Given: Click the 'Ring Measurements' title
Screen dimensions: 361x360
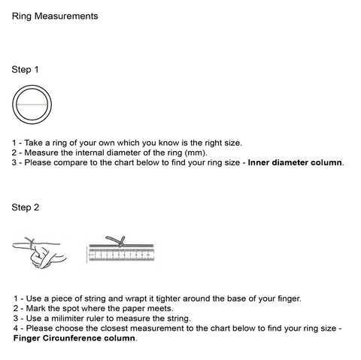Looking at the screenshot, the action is [x=55, y=17].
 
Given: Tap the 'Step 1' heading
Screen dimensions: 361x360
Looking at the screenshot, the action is [x=25, y=70].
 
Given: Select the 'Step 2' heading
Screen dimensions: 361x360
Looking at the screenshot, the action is [x=26, y=207].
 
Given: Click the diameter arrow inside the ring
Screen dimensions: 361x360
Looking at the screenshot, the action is [x=32, y=104].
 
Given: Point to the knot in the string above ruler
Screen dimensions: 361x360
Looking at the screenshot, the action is [x=121, y=242].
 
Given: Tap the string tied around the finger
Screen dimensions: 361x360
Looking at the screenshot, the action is [x=32, y=244].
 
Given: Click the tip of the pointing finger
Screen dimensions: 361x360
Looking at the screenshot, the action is [x=14, y=246].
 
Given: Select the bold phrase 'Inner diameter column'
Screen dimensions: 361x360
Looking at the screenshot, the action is [x=295, y=162].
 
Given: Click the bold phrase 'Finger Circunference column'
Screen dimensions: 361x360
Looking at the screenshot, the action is [x=74, y=338].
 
